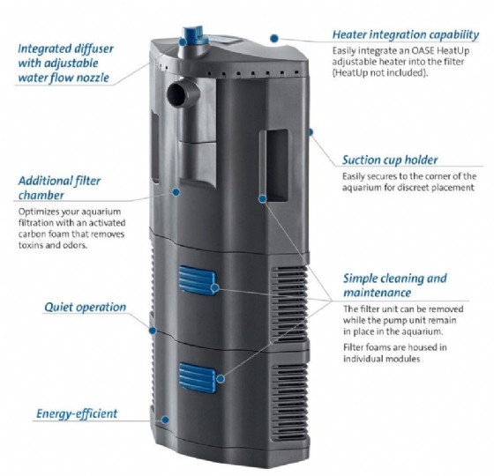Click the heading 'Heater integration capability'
pyautogui.click(x=406, y=34)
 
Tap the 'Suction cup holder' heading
pyautogui.click(x=390, y=160)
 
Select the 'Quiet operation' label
pyautogui.click(x=85, y=307)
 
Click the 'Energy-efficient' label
pyautogui.click(x=77, y=413)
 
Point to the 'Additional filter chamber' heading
pyautogui.click(x=59, y=188)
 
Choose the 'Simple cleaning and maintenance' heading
pyautogui.click(x=395, y=286)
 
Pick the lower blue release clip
pyautogui.click(x=198, y=377)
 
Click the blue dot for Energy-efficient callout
pyautogui.click(x=165, y=420)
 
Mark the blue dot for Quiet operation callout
pyautogui.click(x=153, y=331)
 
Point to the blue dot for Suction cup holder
pyautogui.click(x=310, y=131)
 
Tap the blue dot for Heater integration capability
pyautogui.click(x=274, y=39)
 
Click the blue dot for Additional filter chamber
pyautogui.click(x=176, y=192)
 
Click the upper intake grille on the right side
pyautogui.click(x=289, y=305)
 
